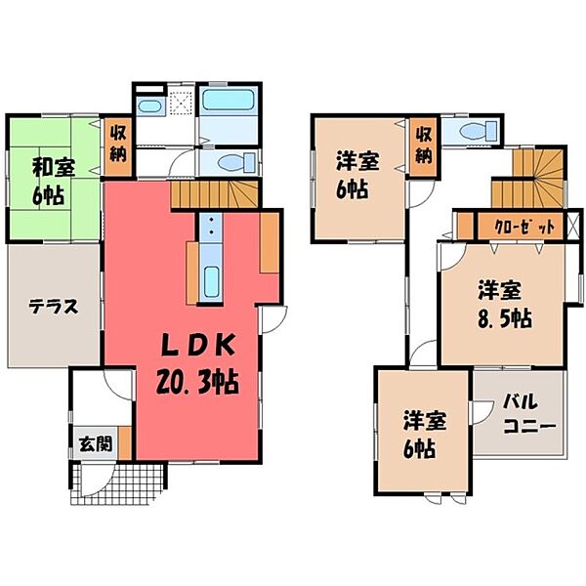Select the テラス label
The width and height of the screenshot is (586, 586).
[52, 305]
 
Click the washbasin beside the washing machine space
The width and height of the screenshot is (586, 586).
[149, 105]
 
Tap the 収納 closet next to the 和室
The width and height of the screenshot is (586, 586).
[116, 146]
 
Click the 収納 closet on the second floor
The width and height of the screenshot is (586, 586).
[422, 146]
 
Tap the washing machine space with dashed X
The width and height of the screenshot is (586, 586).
[181, 104]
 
